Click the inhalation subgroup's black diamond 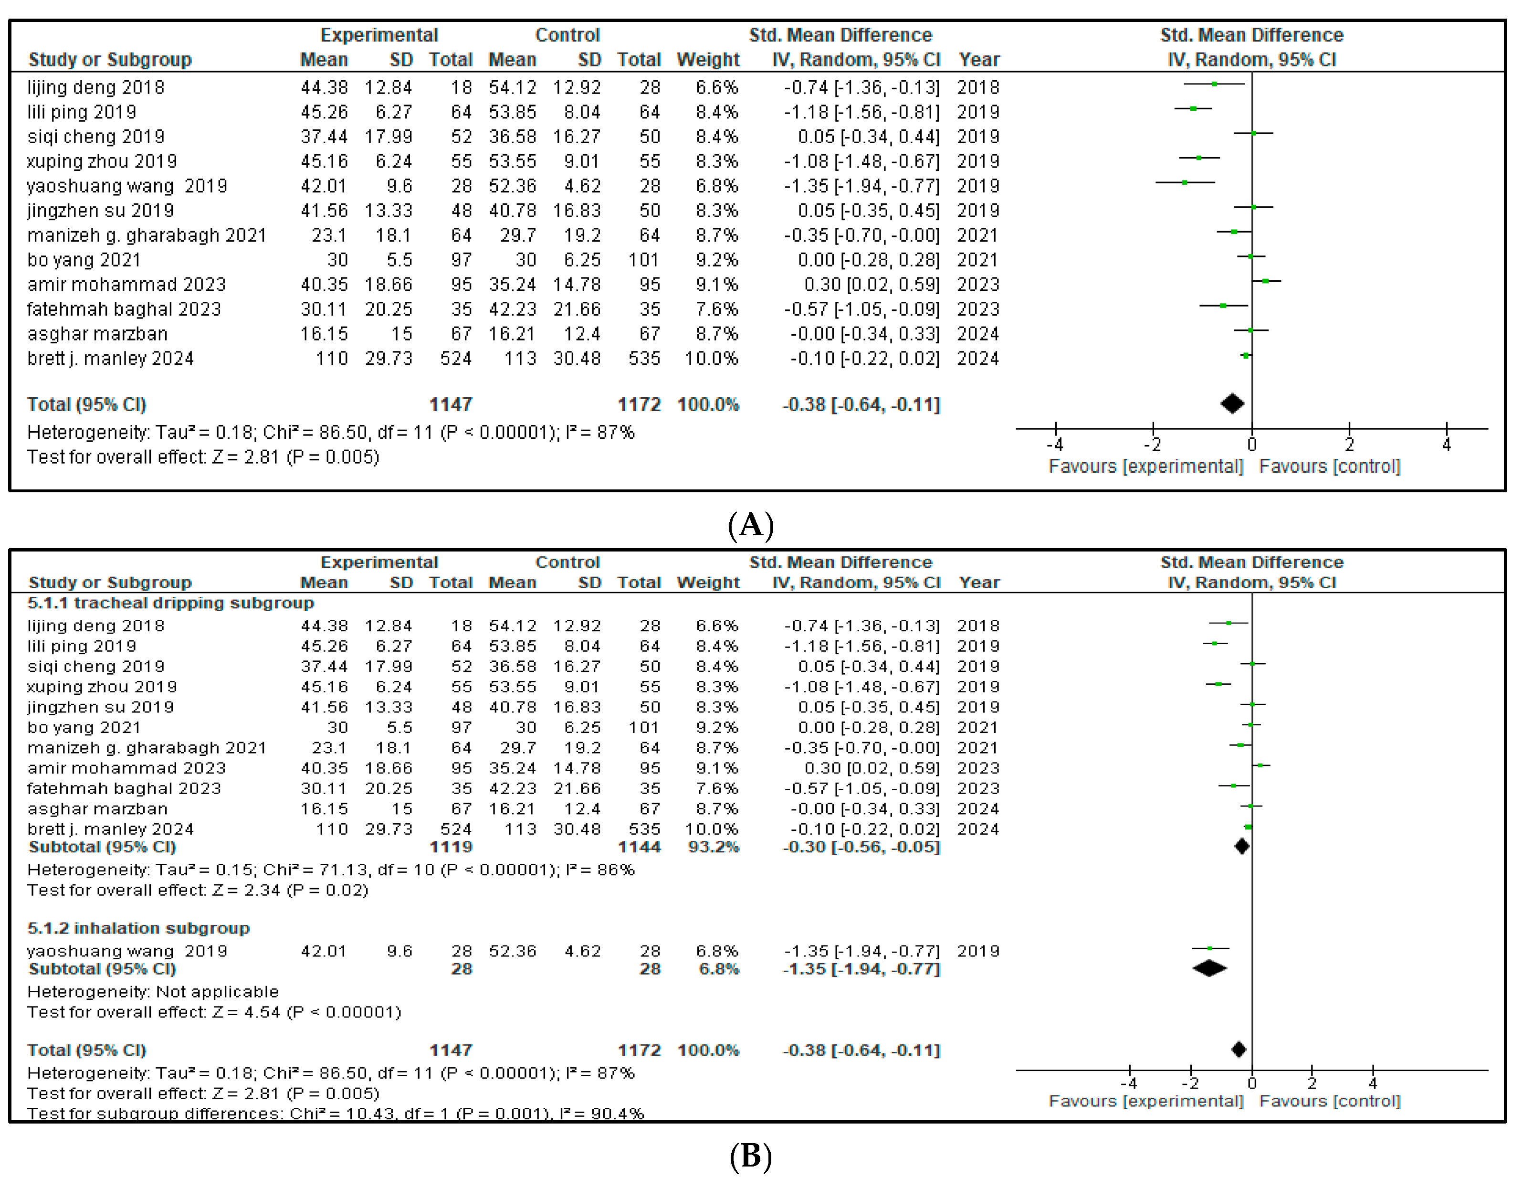[1209, 968]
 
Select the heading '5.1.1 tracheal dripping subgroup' [170, 603]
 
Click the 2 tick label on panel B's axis [1312, 1083]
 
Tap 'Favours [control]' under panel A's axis [1329, 466]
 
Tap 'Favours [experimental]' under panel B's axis [1146, 1101]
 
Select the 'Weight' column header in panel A [708, 60]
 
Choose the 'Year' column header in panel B [979, 583]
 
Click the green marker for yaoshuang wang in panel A [1185, 183]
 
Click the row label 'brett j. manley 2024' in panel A [110, 359]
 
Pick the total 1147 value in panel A [451, 404]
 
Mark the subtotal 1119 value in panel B [451, 847]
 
